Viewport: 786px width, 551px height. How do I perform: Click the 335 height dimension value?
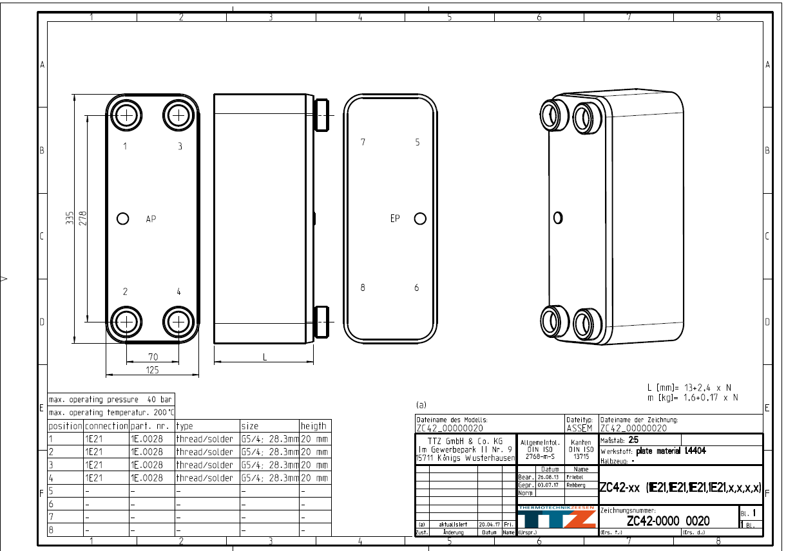[x=69, y=219]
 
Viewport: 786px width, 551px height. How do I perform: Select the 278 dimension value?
[x=82, y=219]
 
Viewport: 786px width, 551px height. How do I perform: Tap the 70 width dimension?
[x=153, y=357]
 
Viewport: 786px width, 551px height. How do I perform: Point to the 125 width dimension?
[x=153, y=370]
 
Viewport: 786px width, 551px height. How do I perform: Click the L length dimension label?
[x=264, y=357]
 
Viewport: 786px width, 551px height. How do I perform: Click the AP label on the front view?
[x=151, y=219]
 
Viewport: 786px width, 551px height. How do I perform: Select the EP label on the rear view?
[x=395, y=218]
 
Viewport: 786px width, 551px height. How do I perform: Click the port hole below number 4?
[x=178, y=321]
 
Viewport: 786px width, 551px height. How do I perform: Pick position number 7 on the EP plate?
[x=363, y=142]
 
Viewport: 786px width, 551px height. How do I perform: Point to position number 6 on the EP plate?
[x=417, y=288]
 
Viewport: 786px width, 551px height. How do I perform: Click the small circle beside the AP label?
[x=123, y=219]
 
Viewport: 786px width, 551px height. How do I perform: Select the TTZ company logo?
[x=556, y=518]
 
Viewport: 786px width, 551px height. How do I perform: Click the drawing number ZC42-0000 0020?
[x=668, y=521]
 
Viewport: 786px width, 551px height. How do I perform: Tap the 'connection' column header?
[x=106, y=426]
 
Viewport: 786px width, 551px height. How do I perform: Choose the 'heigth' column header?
[x=314, y=426]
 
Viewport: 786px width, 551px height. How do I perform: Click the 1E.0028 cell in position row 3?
[x=151, y=465]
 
